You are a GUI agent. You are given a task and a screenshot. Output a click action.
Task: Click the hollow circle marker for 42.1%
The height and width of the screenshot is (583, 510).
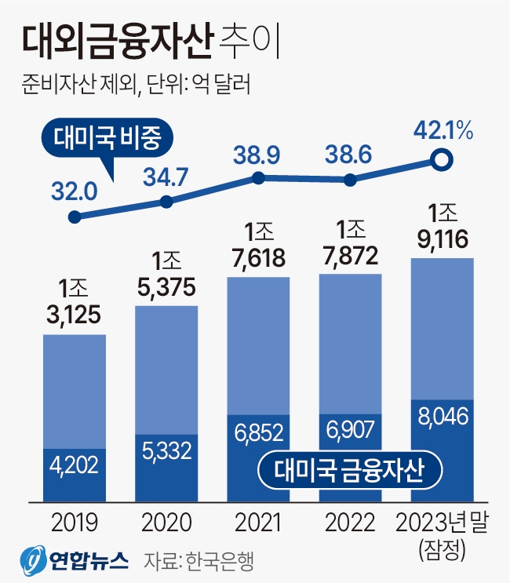pos(442,162)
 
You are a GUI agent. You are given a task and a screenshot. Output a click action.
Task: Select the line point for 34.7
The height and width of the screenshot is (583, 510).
pos(166,202)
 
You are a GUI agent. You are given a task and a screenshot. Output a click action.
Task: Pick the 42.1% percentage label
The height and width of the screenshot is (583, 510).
pos(443,130)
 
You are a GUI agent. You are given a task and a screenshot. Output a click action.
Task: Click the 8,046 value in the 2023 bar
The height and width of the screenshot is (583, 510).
pos(442,416)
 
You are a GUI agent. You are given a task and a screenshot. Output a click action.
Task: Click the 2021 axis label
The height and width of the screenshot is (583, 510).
pos(258,522)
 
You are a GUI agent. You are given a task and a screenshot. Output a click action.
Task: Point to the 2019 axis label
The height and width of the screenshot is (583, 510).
pos(74,522)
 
